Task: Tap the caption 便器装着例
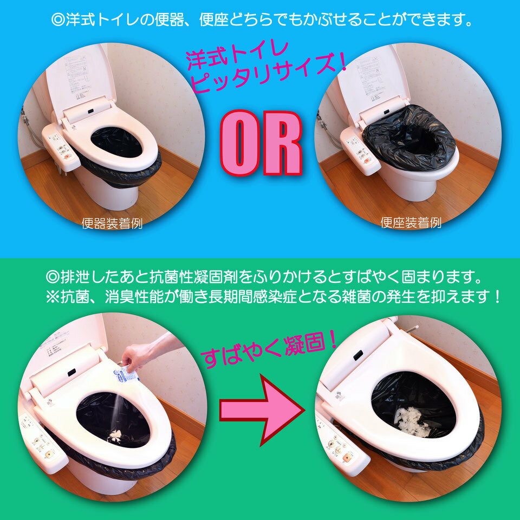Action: pyautogui.click(x=112, y=223)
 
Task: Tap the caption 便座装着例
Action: pyautogui.click(x=411, y=223)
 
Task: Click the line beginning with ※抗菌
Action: pyautogui.click(x=274, y=297)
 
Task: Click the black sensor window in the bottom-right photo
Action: pyautogui.click(x=357, y=355)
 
